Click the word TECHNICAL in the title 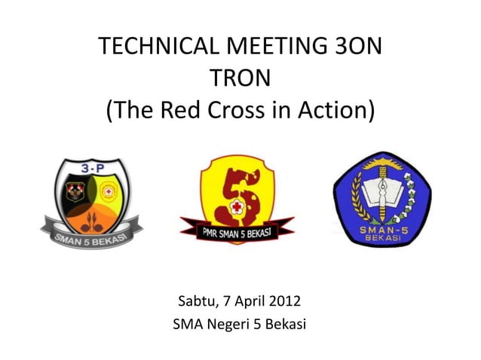point(155,50)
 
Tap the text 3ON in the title point(357,50)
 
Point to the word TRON point(240,80)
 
